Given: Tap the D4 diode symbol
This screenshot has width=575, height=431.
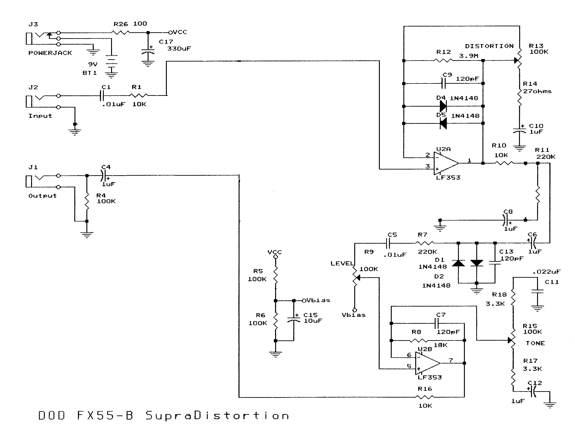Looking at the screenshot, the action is [x=443, y=106].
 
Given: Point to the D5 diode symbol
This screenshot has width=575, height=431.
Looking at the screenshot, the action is [x=443, y=123].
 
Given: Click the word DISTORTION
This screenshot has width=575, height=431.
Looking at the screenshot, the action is [x=489, y=46].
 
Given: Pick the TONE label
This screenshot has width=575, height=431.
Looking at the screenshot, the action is [x=535, y=343].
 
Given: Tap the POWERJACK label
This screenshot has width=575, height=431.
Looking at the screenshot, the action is [x=50, y=53].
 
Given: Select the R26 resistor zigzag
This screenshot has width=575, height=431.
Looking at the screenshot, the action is [x=121, y=32].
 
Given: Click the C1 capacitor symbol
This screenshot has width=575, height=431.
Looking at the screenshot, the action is [x=102, y=96].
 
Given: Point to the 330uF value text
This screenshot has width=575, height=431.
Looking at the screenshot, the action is [x=179, y=49].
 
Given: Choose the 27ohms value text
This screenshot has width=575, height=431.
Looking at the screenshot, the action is [x=537, y=91].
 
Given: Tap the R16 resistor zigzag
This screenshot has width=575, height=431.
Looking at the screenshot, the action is [x=425, y=397].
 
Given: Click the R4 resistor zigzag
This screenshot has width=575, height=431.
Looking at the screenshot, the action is [x=87, y=201].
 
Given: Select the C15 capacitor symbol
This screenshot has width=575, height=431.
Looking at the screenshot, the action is [x=294, y=319].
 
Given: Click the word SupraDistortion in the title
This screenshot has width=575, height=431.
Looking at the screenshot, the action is [x=217, y=416].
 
